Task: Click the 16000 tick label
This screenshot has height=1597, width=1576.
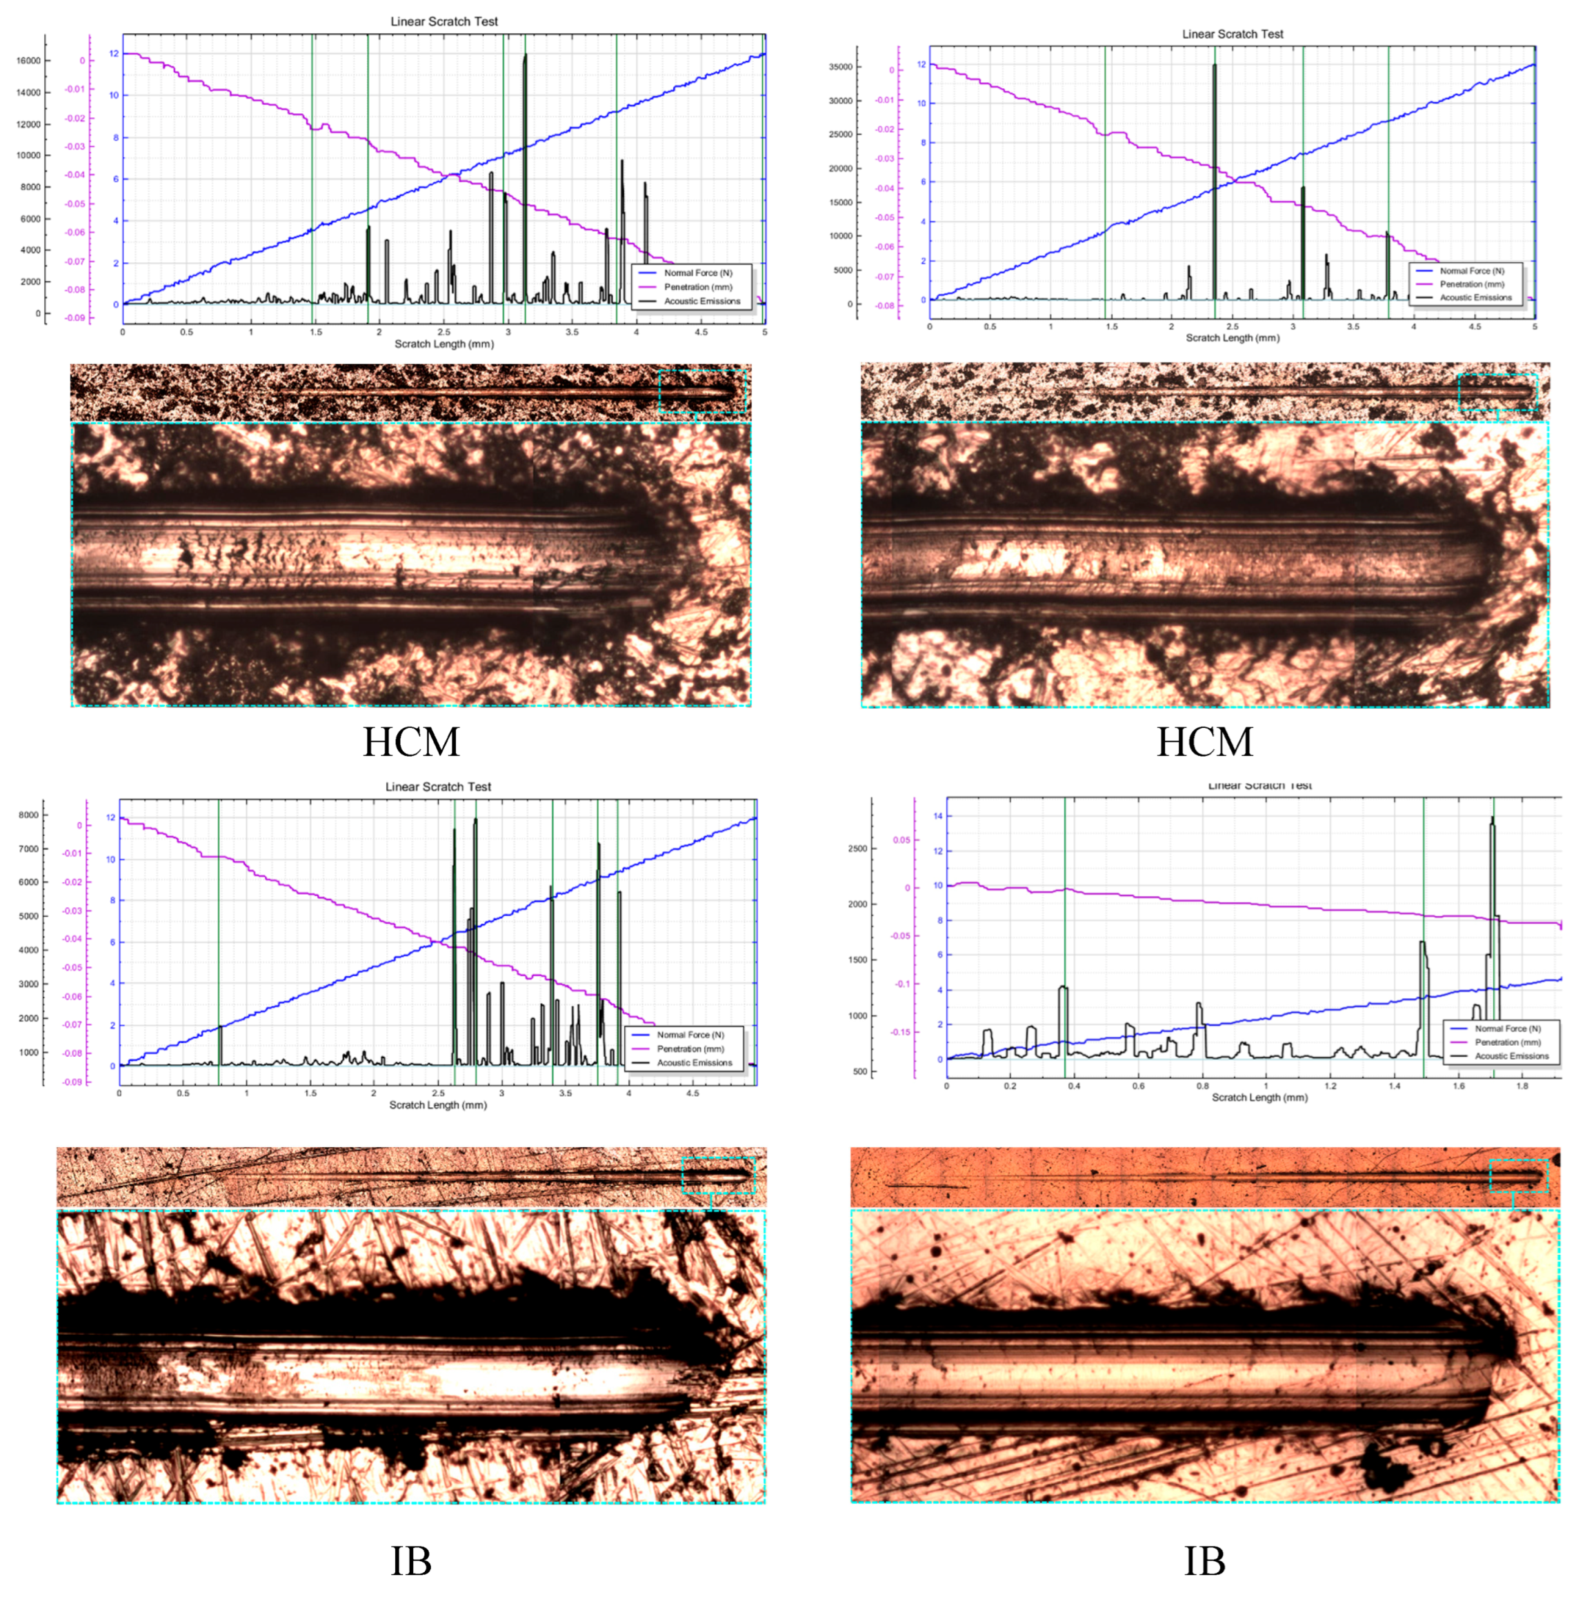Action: [28, 60]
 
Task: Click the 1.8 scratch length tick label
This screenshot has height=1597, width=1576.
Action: [1522, 1086]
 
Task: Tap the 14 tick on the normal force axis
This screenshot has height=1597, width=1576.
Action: [937, 816]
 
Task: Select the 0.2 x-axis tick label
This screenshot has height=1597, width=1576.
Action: [1010, 1086]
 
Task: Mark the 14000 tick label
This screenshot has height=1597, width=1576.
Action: [28, 92]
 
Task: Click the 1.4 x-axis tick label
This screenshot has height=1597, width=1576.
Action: [1394, 1086]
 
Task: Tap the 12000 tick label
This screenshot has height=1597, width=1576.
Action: [28, 124]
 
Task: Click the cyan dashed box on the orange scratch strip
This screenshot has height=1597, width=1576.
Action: [1517, 1175]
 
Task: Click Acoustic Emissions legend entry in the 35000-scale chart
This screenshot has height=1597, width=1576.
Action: [1475, 297]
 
